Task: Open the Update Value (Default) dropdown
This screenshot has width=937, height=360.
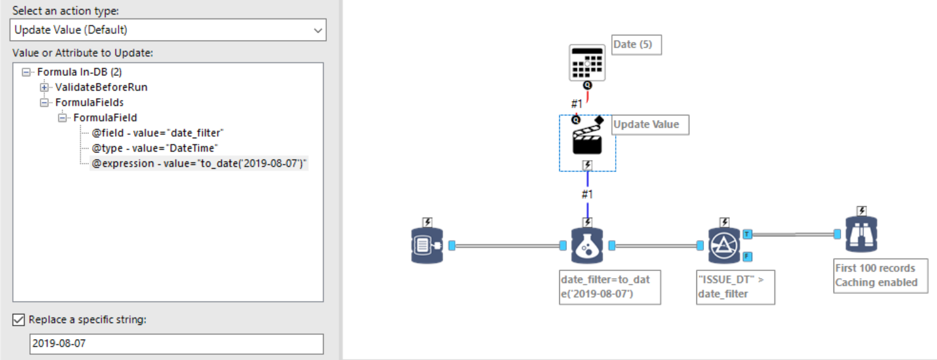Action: coord(168,30)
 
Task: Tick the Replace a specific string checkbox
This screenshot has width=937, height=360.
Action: coord(18,320)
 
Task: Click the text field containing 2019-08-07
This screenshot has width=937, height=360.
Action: coord(176,343)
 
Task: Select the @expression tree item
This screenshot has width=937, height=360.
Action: coord(199,163)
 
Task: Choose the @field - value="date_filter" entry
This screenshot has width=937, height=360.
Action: coord(157,133)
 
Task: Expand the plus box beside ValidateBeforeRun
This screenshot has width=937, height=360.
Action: coord(44,87)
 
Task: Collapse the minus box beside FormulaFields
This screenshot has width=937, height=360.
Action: coord(44,102)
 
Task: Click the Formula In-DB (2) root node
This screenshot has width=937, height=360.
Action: coord(75,72)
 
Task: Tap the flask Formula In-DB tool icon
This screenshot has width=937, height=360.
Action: coord(587,246)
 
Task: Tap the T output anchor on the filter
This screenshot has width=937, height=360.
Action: coord(747,234)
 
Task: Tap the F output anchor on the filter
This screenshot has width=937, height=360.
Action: coord(747,257)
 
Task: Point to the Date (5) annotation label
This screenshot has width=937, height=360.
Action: coord(636,44)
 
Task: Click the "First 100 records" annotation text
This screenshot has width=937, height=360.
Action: coord(875,268)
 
